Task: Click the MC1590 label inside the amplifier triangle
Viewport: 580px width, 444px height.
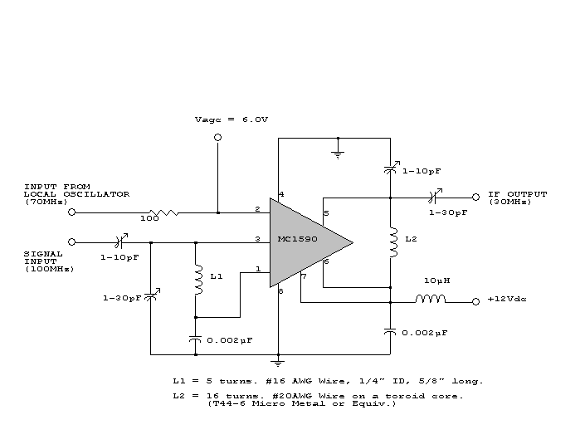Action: point(297,241)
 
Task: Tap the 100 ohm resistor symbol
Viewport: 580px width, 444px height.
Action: point(163,212)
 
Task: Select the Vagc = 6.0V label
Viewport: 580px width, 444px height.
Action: point(232,120)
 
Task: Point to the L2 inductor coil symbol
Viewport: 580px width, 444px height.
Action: point(390,240)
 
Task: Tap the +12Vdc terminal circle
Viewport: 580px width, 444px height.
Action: point(475,302)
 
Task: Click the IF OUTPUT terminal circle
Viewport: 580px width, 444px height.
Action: point(475,198)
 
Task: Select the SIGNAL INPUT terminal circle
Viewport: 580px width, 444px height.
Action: point(71,242)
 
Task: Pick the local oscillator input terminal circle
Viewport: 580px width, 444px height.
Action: point(71,212)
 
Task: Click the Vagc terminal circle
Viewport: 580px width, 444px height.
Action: point(217,138)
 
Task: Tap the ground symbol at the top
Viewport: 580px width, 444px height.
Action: point(338,152)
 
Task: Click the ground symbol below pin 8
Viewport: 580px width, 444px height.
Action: point(278,362)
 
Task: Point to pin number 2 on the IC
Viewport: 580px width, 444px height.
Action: point(258,208)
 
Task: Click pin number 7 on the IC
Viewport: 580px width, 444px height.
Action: point(304,276)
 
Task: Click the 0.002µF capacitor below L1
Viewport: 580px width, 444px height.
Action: point(196,339)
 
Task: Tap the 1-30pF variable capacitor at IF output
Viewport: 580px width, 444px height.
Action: point(432,198)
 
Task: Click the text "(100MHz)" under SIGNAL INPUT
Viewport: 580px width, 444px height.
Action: point(49,269)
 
